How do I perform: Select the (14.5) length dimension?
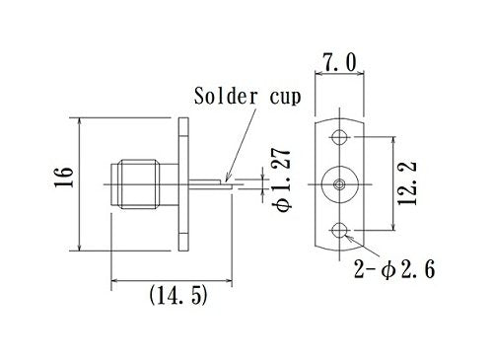point(178,295)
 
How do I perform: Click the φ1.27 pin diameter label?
point(283,183)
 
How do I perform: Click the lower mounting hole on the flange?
point(340,230)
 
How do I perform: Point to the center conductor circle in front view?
point(340,183)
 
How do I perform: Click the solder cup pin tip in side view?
point(230,181)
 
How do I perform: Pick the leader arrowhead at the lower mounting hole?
point(348,236)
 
